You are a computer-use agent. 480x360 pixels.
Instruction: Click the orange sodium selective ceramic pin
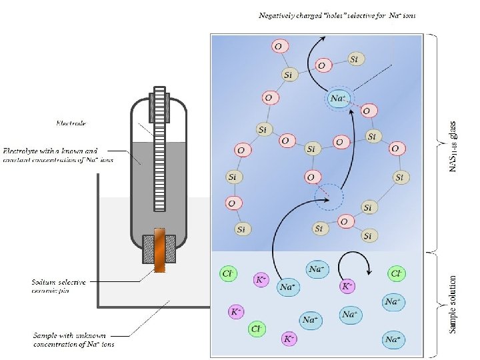[159, 250]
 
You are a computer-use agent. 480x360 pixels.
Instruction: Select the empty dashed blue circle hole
[328, 197]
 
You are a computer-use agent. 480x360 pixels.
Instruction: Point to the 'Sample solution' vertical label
[453, 305]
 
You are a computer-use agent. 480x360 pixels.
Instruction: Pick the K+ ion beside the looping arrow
[347, 286]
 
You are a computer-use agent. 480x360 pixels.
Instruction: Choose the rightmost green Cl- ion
[397, 273]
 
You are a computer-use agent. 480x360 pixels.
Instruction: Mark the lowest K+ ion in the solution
[289, 339]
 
